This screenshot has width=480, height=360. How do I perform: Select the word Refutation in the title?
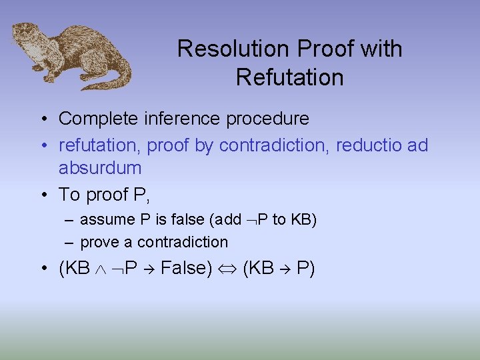289,77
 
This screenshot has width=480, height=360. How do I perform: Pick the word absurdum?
100,167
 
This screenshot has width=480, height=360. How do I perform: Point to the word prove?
98,241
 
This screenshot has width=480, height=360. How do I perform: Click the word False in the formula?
185,268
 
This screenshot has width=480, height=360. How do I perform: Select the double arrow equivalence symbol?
227,269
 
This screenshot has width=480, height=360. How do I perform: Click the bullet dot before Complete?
42,119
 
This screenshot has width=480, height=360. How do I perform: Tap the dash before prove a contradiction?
70,241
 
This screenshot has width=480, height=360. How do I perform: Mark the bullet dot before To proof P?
42,195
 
